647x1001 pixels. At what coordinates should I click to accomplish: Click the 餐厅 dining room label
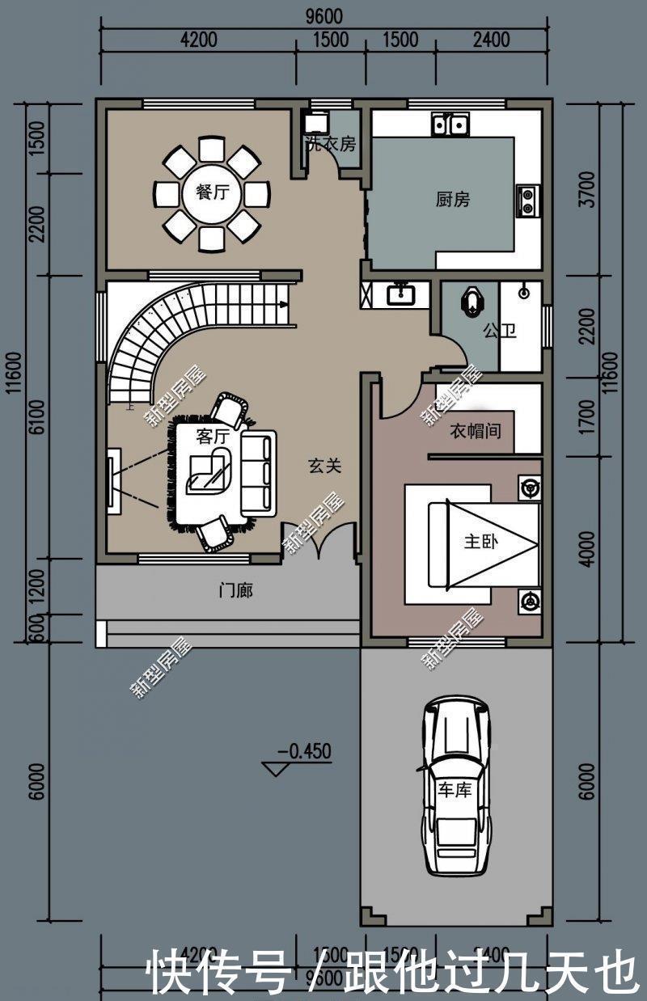coord(212,192)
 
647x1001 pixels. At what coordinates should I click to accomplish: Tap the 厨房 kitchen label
coord(452,200)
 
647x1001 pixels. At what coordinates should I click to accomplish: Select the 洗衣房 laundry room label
coord(330,145)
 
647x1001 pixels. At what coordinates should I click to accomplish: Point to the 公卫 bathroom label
coord(500,331)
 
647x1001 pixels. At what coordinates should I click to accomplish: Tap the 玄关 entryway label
coord(324,466)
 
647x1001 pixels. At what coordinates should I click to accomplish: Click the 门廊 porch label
coord(236,591)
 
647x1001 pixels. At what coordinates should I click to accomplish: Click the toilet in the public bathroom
coord(472,301)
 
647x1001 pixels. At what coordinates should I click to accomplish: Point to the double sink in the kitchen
coord(450,125)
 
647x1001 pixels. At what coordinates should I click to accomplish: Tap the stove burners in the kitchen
coord(527,200)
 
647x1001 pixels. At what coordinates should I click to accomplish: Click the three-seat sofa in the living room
coord(259,474)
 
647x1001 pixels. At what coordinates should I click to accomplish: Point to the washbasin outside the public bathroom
coord(400,294)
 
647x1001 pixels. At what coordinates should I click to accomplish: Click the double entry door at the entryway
coord(319,542)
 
